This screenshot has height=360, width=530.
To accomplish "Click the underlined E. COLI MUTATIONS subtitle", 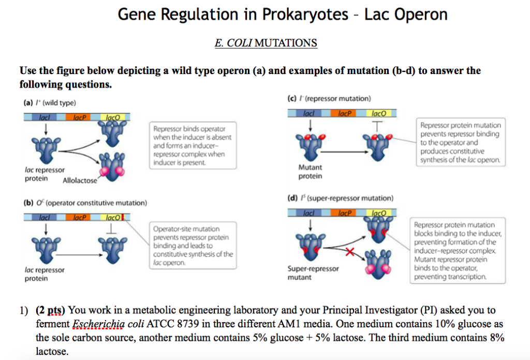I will point(266,42).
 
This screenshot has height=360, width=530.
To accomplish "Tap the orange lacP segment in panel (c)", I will point(344,113).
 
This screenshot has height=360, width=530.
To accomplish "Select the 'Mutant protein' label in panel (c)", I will point(310,172).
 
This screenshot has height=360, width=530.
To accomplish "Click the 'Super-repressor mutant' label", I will point(313,273).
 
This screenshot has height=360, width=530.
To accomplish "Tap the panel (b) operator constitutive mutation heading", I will point(85,203).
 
